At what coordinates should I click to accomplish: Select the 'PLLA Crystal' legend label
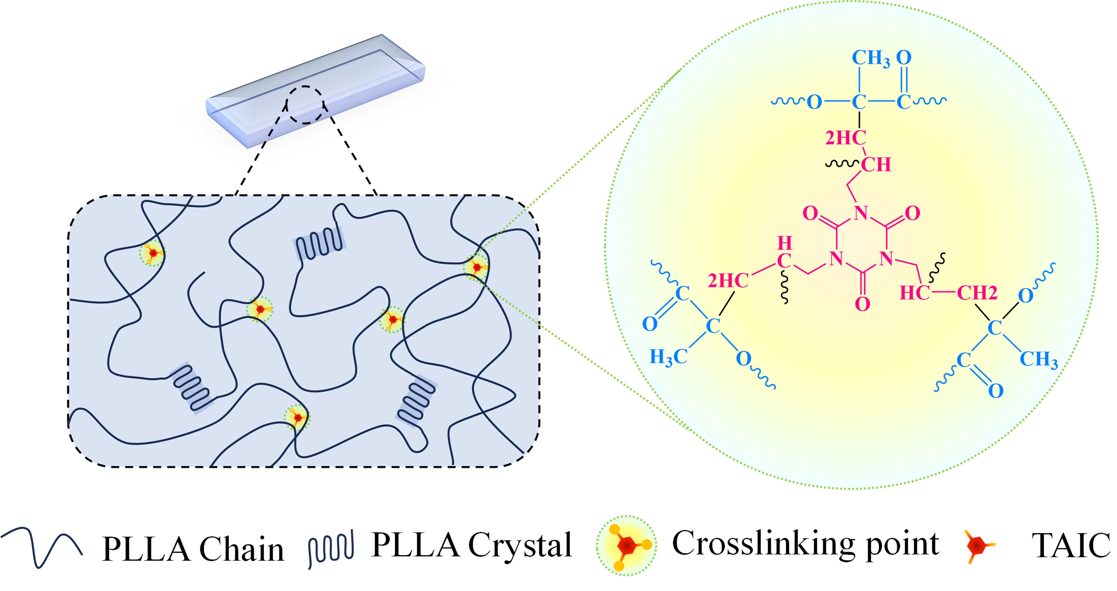point(472,545)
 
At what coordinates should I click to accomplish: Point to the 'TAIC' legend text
point(1070,545)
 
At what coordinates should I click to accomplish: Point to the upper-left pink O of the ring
point(810,213)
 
